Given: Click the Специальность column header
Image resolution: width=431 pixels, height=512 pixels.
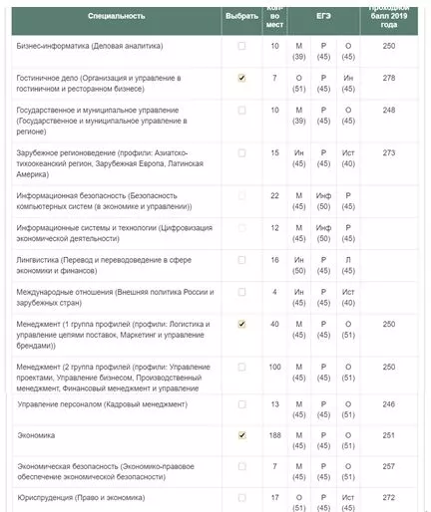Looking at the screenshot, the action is [x=116, y=16].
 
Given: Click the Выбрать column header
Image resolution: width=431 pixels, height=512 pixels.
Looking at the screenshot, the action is [x=241, y=16].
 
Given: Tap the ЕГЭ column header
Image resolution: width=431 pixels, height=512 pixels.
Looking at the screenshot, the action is [x=322, y=16].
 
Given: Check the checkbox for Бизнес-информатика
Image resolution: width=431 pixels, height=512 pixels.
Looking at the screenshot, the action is [x=241, y=47].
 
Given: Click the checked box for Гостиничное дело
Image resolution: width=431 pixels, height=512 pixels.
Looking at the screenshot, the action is [x=241, y=78].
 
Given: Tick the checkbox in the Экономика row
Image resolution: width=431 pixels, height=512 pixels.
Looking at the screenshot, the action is [x=241, y=435].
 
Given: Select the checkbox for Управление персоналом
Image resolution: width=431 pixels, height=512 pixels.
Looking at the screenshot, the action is [x=241, y=404].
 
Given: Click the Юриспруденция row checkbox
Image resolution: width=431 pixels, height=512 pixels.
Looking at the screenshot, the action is [x=241, y=497].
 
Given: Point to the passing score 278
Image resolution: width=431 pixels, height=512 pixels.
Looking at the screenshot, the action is [x=389, y=78].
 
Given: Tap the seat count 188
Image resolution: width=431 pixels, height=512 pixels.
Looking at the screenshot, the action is [x=274, y=435].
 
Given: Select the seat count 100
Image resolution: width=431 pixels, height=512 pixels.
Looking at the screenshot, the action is [x=274, y=368].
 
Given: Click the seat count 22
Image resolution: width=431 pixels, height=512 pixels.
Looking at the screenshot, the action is [x=274, y=195].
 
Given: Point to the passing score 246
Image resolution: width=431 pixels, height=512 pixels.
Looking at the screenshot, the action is [x=389, y=404].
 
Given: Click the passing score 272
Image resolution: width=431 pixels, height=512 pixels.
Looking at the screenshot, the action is [x=389, y=497].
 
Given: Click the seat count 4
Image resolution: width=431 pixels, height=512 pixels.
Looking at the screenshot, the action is [x=274, y=292].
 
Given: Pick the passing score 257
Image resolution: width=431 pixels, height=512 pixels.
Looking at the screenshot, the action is [x=389, y=466].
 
